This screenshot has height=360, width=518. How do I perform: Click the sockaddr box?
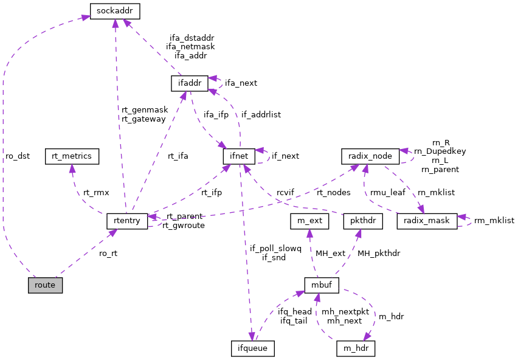(115, 11)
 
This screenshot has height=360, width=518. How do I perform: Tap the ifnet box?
(238, 156)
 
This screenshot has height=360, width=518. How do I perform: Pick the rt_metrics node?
(72, 156)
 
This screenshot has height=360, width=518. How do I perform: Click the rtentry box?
(127, 220)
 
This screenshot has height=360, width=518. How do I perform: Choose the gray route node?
(45, 285)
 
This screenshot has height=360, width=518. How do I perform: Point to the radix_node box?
(370, 156)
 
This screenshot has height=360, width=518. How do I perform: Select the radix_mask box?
(426, 221)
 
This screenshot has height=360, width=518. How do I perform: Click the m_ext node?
(309, 221)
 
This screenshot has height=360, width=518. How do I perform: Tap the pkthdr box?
(363, 221)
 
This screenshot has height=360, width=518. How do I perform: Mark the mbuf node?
(321, 285)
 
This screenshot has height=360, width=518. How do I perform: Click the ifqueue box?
(253, 348)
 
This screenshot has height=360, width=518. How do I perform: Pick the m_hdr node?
(355, 348)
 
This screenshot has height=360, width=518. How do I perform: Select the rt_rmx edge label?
(96, 192)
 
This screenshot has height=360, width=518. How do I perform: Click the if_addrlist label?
(261, 114)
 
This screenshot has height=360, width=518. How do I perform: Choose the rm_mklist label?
(494, 220)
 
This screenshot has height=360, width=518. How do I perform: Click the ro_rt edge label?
(108, 253)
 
